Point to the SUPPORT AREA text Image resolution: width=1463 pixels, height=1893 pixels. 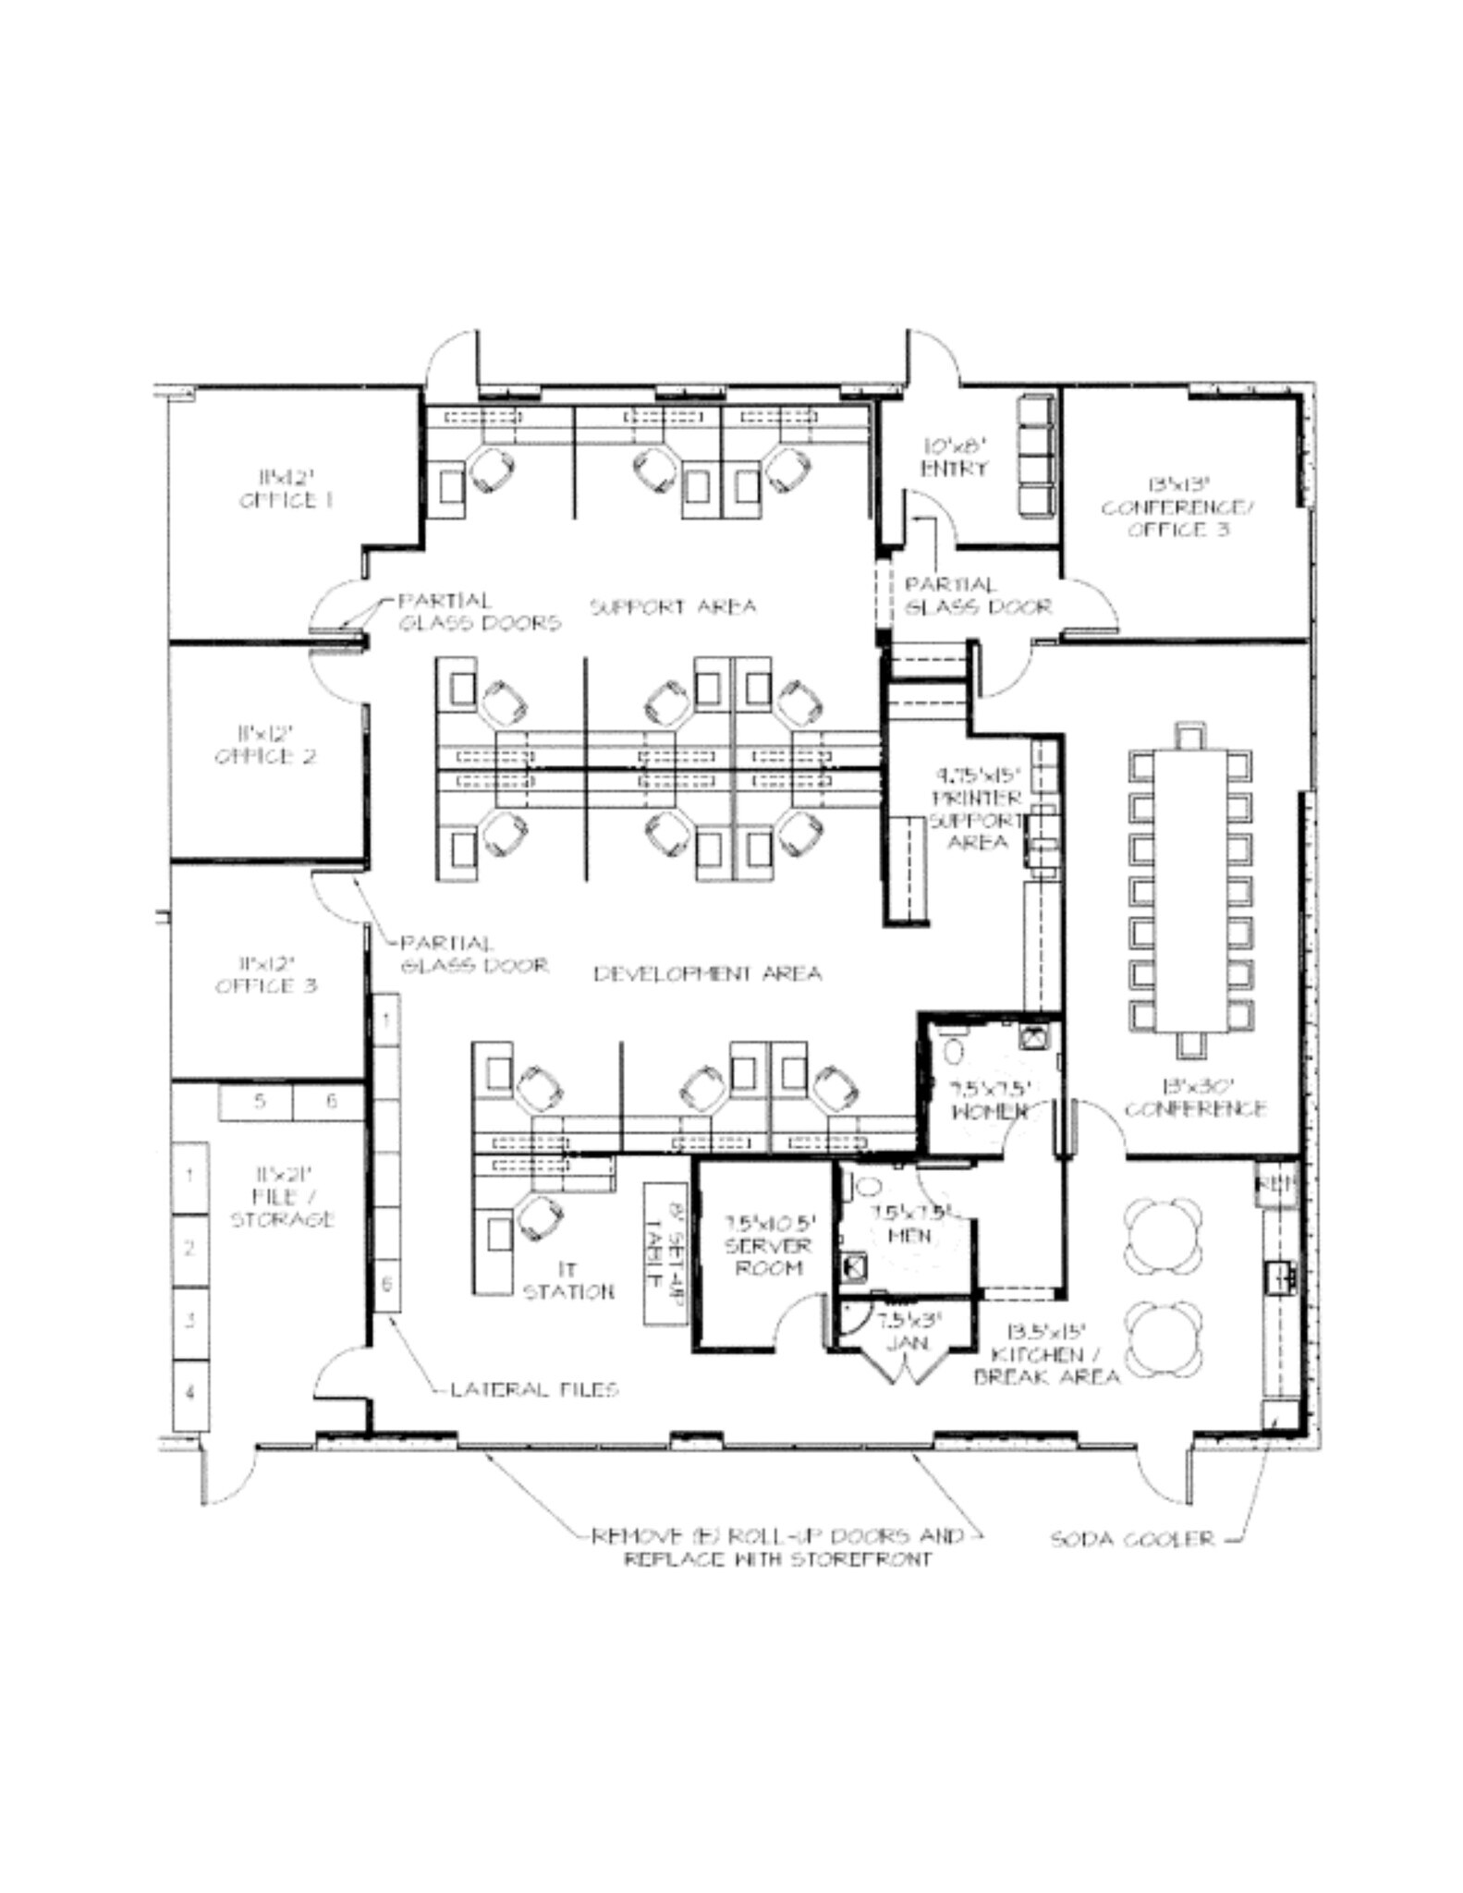tap(673, 607)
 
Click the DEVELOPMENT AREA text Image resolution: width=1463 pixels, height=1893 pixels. tap(707, 973)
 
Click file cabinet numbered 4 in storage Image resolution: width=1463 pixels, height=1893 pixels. tap(190, 1392)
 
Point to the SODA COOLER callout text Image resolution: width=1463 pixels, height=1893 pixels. tap(1132, 1539)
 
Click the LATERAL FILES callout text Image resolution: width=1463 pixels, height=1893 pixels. tap(534, 1389)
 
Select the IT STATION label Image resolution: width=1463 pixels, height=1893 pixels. tap(567, 1280)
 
